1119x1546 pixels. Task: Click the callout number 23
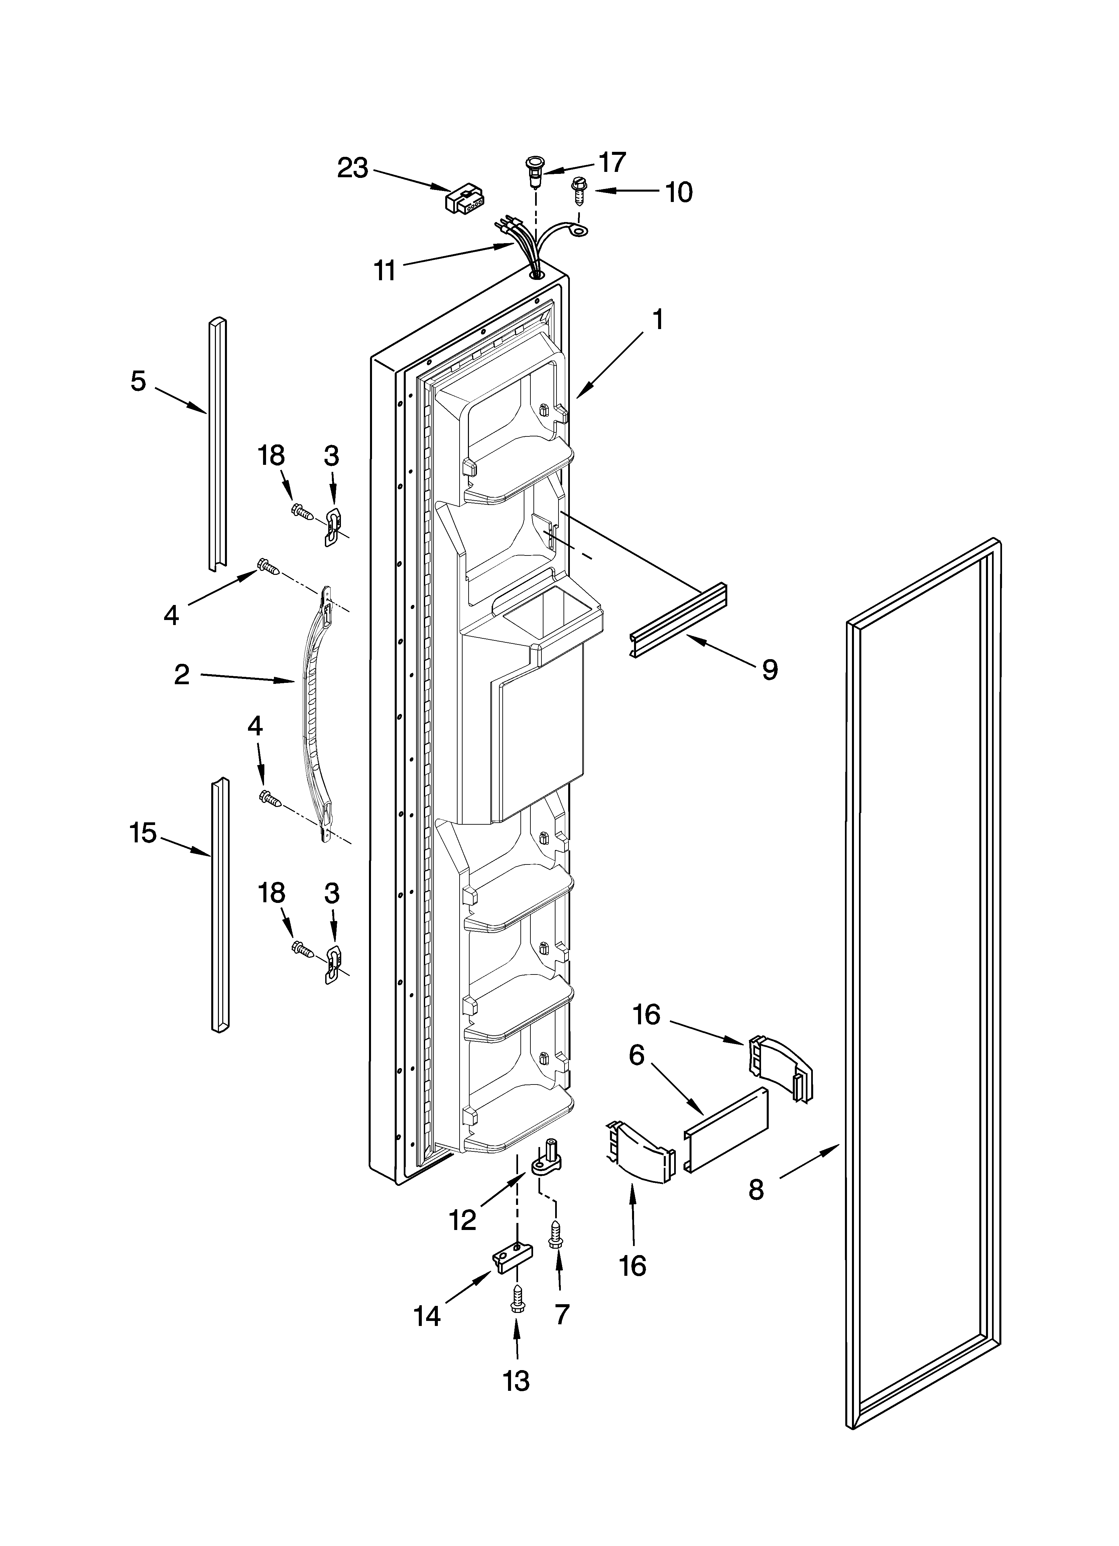point(352,168)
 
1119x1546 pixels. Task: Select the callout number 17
point(611,162)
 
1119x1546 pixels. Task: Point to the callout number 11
point(385,271)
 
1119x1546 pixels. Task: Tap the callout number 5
point(138,381)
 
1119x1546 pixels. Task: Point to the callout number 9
point(769,669)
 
